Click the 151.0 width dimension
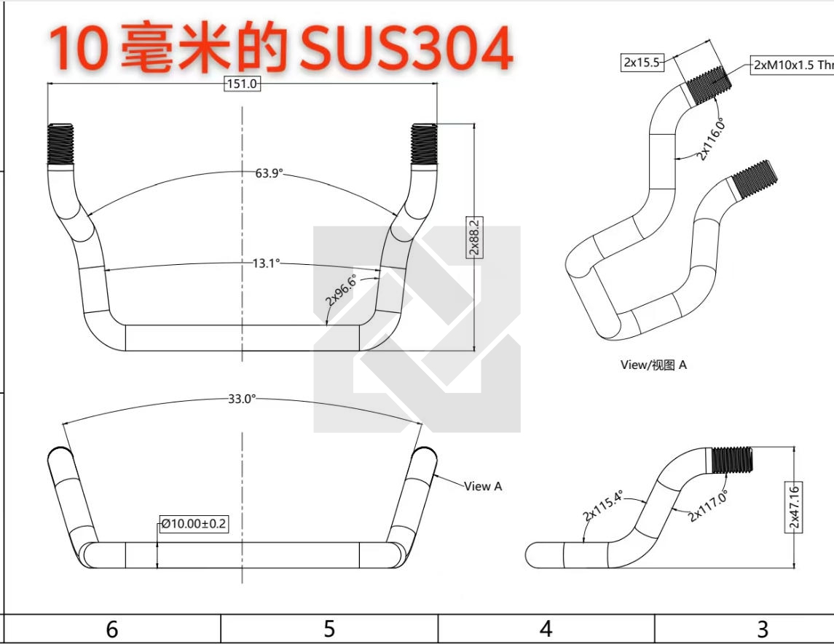click(x=242, y=84)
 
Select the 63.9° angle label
click(x=269, y=173)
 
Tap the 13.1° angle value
click(x=266, y=263)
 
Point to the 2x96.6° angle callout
click(x=341, y=290)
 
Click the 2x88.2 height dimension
click(x=474, y=237)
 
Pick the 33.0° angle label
click(x=242, y=399)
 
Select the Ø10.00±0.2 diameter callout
click(x=194, y=523)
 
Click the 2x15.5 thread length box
click(x=642, y=62)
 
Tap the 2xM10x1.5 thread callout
click(x=792, y=65)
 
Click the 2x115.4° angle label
click(x=602, y=506)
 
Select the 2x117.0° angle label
click(x=708, y=507)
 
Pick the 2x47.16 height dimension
click(x=794, y=507)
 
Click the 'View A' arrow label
click(x=483, y=486)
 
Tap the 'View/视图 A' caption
click(x=653, y=365)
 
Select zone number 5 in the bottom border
click(x=329, y=629)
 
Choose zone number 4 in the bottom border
click(x=546, y=629)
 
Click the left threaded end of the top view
click(x=60, y=144)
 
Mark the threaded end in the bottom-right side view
click(x=732, y=460)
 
